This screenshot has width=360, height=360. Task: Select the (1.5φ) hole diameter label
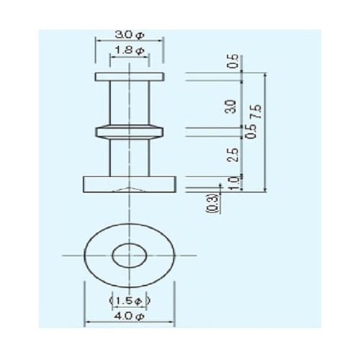point(129,300)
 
